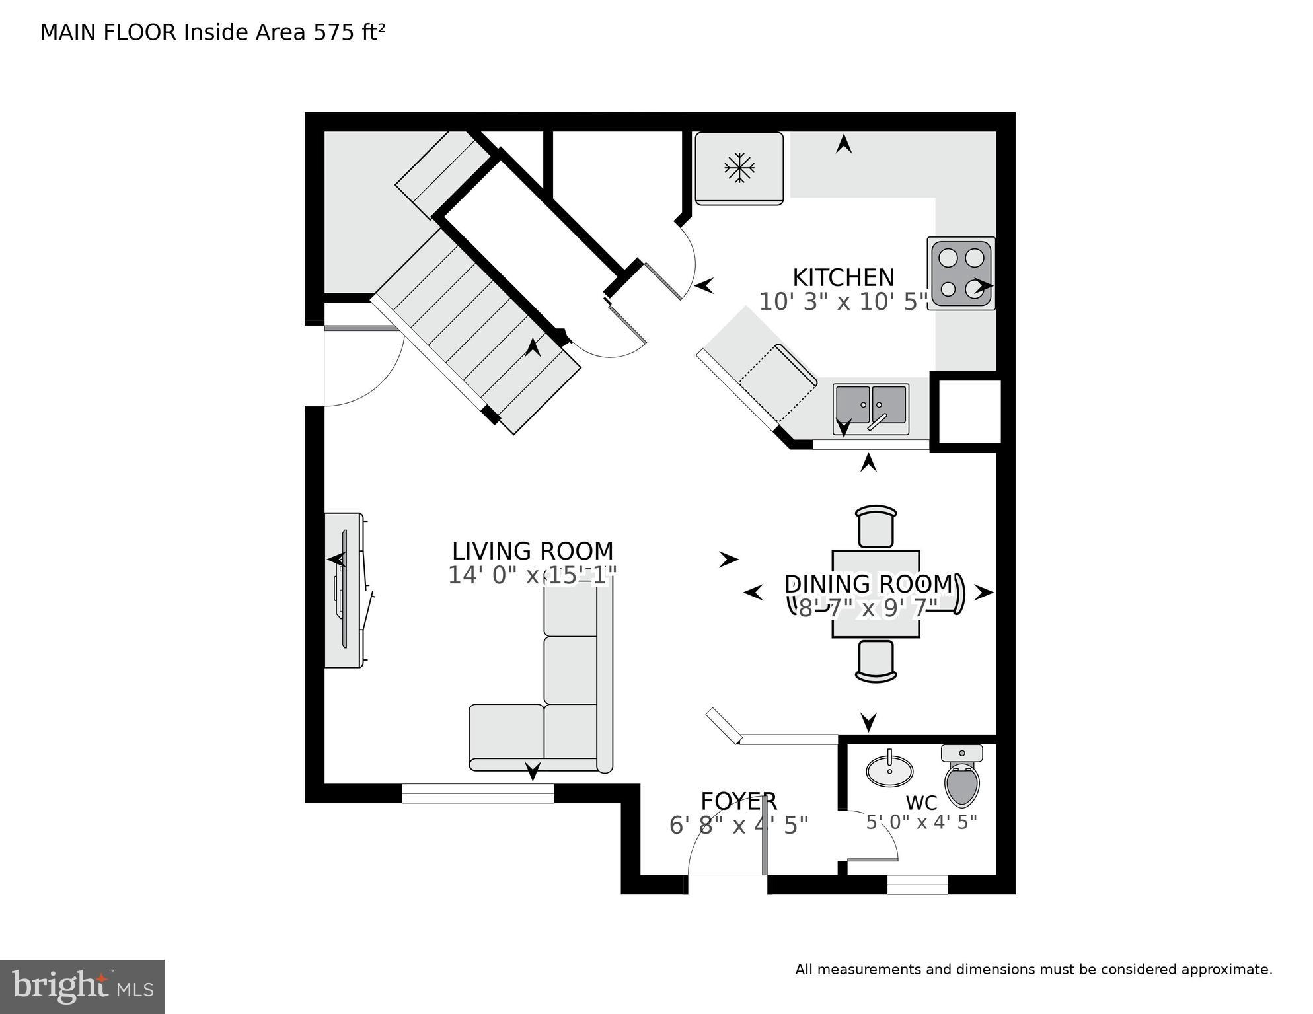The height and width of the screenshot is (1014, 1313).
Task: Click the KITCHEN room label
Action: (x=843, y=277)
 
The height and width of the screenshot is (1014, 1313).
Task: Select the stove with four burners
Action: (x=961, y=273)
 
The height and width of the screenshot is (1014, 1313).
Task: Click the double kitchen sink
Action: (x=870, y=405)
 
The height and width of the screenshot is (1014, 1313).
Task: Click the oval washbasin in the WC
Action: (x=889, y=770)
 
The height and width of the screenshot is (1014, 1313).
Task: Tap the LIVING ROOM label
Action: (x=533, y=551)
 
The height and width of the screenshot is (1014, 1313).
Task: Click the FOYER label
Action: (x=738, y=801)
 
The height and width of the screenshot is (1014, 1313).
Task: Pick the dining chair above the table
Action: (x=876, y=526)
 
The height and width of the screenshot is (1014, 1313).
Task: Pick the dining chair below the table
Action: (x=876, y=661)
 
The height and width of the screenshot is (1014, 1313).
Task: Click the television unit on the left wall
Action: (x=344, y=590)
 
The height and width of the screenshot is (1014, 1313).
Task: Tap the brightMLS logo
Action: (x=82, y=986)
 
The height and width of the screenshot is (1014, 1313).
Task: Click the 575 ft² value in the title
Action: (x=349, y=32)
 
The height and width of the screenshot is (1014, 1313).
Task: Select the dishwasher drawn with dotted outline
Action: (x=778, y=384)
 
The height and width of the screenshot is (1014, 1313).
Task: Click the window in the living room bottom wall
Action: (x=478, y=793)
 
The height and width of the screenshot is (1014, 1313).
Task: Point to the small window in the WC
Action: (x=917, y=885)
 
